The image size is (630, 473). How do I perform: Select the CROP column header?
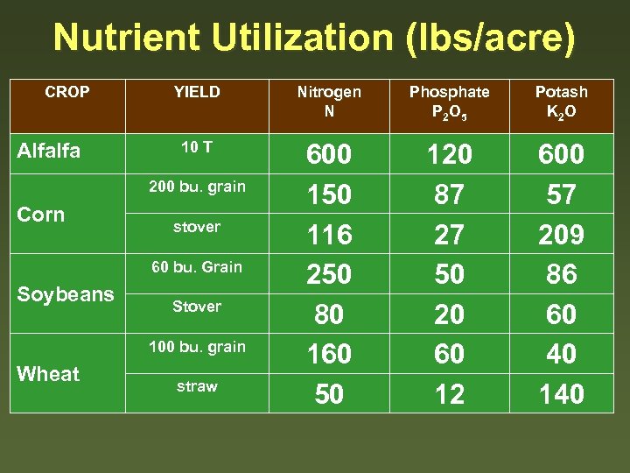click(66, 92)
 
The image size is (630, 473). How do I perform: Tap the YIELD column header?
click(197, 92)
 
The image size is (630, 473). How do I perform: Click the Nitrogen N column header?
click(329, 102)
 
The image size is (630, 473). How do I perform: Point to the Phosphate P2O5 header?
click(450, 102)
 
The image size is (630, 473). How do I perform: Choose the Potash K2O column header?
click(561, 102)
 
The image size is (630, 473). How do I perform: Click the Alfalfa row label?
click(49, 151)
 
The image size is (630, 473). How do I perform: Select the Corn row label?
click(41, 215)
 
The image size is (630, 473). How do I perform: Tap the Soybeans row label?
click(66, 294)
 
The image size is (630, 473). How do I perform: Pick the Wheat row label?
click(48, 374)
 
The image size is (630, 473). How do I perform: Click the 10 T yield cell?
click(197, 147)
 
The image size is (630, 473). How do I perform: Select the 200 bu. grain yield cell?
click(197, 187)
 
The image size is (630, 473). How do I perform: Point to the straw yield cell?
click(197, 386)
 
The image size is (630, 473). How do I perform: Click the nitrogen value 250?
click(329, 274)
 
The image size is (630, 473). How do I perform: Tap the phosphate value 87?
click(450, 194)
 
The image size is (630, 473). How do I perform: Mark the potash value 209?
click(561, 235)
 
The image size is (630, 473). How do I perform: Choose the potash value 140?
click(561, 394)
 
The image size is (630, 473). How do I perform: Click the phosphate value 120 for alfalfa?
click(450, 155)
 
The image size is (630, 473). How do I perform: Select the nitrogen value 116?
click(329, 235)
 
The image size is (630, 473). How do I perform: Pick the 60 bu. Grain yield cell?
click(197, 266)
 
